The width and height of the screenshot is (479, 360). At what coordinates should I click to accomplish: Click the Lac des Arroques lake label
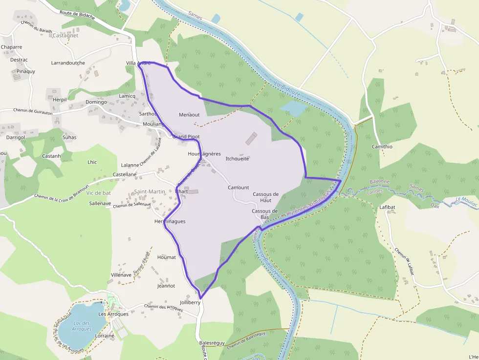(x=82, y=326)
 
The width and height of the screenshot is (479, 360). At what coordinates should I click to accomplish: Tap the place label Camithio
(x=382, y=147)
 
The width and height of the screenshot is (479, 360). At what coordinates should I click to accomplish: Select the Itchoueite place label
(x=238, y=159)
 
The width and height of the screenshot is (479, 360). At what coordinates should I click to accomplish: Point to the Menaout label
(x=189, y=115)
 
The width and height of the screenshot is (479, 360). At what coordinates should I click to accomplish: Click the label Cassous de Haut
(x=265, y=197)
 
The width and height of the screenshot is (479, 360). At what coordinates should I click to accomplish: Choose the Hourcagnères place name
(x=204, y=154)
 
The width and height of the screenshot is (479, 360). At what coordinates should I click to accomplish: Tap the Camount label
(x=239, y=188)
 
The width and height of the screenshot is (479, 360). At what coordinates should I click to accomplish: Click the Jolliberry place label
(x=190, y=302)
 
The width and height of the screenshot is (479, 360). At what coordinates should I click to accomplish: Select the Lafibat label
(x=387, y=207)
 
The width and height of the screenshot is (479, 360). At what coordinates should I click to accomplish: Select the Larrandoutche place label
(x=68, y=63)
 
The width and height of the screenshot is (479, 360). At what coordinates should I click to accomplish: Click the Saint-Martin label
(x=150, y=191)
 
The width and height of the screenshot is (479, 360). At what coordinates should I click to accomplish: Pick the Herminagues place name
(x=170, y=221)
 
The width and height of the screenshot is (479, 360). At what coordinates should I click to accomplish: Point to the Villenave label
(x=121, y=275)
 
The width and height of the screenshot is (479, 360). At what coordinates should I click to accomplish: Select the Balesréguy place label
(x=212, y=343)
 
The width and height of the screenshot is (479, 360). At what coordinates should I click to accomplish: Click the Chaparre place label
(x=11, y=47)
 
